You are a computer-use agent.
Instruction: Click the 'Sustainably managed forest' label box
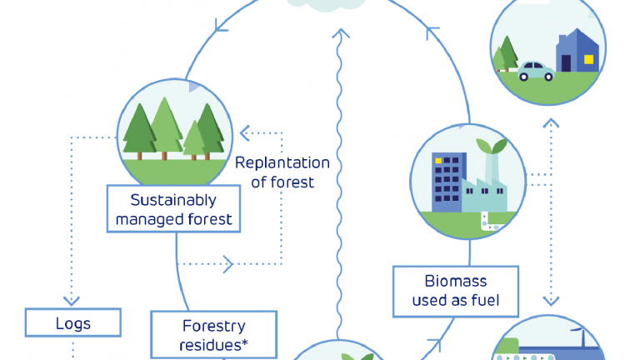[174, 209]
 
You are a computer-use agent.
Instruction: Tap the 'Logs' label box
[73, 322]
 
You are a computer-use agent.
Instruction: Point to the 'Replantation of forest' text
[282, 172]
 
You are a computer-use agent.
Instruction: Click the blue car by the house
[537, 71]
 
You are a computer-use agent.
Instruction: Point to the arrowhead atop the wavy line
[339, 34]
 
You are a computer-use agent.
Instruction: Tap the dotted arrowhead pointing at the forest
[244, 131]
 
